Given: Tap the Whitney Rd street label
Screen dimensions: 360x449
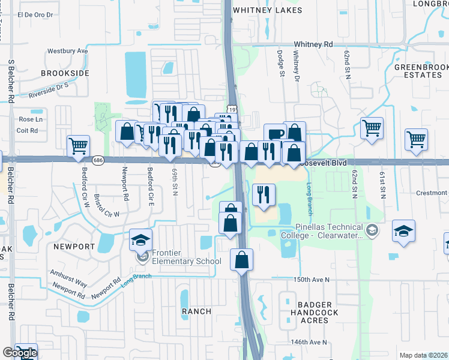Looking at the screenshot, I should click(x=313, y=44).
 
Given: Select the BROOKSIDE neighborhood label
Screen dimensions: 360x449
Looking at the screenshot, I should click(x=65, y=73).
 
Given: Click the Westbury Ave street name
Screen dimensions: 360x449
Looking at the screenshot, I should click(x=67, y=51).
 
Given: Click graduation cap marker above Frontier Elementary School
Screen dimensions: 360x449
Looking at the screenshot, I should click(x=140, y=240).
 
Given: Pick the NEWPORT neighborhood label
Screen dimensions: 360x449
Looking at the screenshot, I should click(x=74, y=247).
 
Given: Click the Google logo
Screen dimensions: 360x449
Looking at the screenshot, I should click(x=19, y=353).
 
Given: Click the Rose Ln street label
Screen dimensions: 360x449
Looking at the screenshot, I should click(x=31, y=119).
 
